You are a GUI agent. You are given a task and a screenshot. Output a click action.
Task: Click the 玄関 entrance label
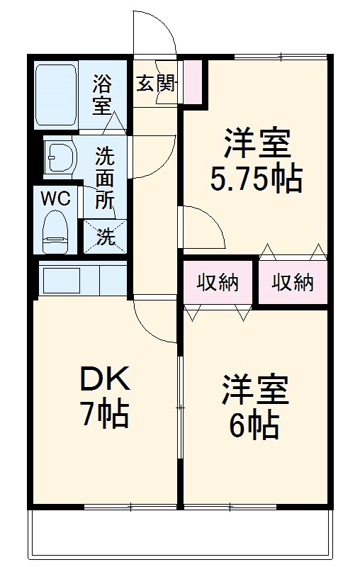156,84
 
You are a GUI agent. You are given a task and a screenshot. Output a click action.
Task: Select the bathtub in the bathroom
55,95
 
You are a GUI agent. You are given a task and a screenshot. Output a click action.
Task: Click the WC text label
55,199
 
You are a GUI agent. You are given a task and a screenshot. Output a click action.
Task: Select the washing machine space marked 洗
105,237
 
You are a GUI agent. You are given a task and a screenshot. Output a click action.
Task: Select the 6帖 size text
253,426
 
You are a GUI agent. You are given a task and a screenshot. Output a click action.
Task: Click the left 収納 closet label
218,282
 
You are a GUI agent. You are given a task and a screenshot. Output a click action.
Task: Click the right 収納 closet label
292,282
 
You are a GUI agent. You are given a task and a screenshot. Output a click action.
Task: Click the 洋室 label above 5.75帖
257,144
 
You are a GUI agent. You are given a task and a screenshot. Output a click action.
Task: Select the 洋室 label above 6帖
253,391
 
